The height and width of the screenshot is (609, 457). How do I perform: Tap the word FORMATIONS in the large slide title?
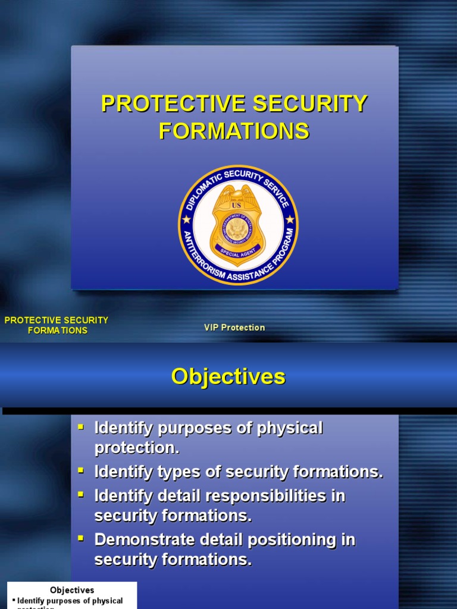(234, 131)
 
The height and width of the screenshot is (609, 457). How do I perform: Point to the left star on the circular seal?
(186, 219)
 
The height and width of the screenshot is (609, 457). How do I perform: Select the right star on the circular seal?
(290, 219)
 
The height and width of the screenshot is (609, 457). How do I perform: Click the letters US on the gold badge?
(236, 206)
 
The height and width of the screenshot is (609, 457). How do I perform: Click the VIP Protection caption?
(234, 328)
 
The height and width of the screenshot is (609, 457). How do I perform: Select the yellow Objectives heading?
(228, 376)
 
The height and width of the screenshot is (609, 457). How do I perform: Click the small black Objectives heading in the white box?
(72, 590)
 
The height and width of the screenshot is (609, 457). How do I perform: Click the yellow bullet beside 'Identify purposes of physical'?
(81, 427)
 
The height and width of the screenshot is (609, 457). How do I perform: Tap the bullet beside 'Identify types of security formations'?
(81, 471)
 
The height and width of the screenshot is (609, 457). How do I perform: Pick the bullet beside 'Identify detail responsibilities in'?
(81, 495)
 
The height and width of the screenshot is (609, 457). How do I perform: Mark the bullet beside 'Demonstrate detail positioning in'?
(81, 539)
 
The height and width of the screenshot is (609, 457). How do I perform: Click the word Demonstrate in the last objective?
(136, 540)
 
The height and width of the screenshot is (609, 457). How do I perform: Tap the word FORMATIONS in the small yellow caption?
(57, 331)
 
